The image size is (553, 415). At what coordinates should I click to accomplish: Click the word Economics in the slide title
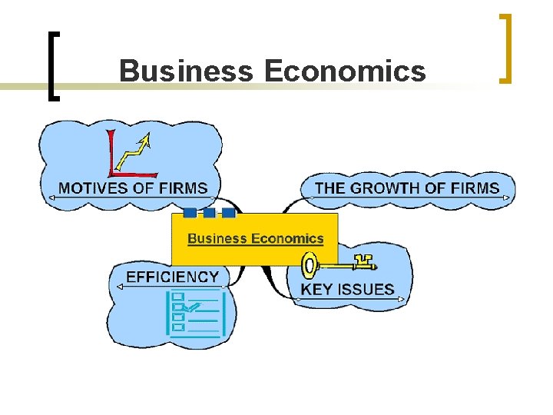point(344,71)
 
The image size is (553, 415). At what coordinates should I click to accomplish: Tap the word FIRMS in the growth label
point(472,188)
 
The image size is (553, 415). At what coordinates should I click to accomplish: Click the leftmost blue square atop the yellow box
point(190,213)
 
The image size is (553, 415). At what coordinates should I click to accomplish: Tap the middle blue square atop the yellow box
point(209,213)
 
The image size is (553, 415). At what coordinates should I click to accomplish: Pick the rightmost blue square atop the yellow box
point(228,213)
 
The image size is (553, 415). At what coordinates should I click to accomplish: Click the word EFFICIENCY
point(172,277)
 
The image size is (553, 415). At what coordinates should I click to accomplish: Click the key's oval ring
point(309,267)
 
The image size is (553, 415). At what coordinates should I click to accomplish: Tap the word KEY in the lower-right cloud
point(315,290)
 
